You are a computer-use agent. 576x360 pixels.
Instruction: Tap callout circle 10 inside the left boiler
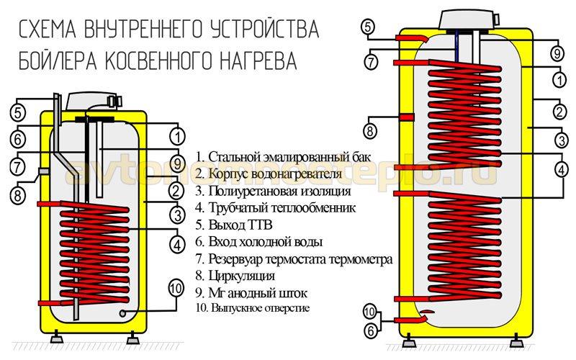(x=176, y=288)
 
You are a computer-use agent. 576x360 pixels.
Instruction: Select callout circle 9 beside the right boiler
(x=557, y=53)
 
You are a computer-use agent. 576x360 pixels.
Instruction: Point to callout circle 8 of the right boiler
(x=370, y=132)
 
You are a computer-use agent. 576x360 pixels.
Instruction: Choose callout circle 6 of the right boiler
(x=370, y=332)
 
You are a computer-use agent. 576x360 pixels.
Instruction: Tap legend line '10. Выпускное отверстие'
(x=253, y=308)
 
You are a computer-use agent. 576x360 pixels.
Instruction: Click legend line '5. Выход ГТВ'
(x=235, y=225)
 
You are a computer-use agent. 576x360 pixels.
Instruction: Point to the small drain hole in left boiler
(x=124, y=313)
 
